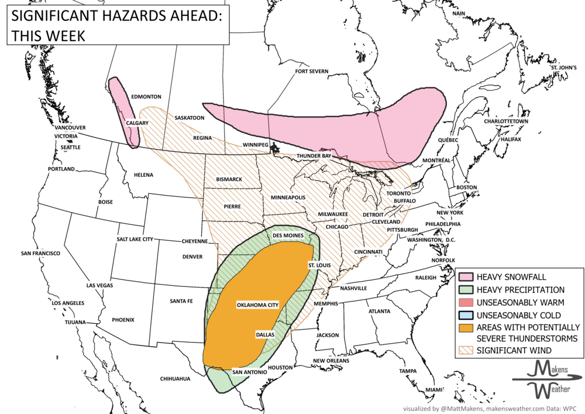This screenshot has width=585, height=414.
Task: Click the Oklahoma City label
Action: tap(257, 305)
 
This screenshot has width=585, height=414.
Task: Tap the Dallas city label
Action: tap(265, 334)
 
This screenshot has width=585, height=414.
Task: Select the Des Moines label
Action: tap(287, 235)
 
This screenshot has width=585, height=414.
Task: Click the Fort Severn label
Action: tap(312, 71)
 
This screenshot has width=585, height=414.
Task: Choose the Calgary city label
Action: tap(137, 123)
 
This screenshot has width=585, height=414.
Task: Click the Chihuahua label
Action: tap(175, 379)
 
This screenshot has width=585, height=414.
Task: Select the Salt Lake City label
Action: tap(135, 239)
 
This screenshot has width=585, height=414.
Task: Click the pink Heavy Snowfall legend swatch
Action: tap(466, 277)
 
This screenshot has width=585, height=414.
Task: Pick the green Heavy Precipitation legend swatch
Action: tap(466, 290)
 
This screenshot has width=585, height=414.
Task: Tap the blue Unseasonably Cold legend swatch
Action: tap(466, 315)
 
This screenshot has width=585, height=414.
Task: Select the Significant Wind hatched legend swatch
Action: tap(466, 350)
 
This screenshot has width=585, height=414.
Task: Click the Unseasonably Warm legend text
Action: tap(520, 303)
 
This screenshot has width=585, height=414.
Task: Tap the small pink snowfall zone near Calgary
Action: tap(124, 111)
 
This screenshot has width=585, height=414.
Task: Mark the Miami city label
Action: tap(434, 389)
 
